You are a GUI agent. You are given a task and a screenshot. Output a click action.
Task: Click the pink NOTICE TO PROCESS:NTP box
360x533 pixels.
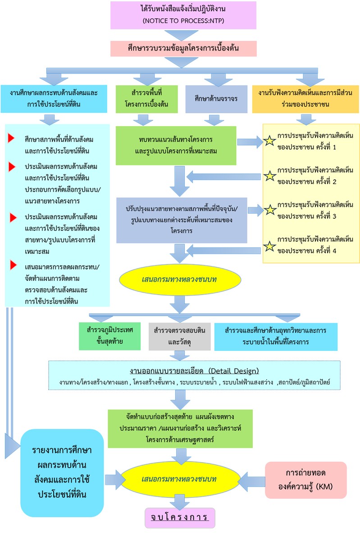pyautogui.click(x=183, y=15)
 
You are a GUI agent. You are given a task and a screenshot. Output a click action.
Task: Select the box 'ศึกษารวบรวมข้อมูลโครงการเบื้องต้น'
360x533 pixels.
pyautogui.click(x=183, y=48)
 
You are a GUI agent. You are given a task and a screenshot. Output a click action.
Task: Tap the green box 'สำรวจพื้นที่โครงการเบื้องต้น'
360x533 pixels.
pyautogui.click(x=146, y=99)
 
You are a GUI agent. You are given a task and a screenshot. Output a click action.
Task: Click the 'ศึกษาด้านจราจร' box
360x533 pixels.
pyautogui.click(x=216, y=99)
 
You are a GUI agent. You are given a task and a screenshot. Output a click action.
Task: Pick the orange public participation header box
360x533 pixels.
pyautogui.click(x=305, y=99)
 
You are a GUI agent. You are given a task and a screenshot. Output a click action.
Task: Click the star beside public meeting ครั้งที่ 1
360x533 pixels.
pyautogui.click(x=269, y=141)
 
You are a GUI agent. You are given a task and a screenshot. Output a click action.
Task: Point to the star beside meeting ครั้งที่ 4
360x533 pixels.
pyautogui.click(x=269, y=246)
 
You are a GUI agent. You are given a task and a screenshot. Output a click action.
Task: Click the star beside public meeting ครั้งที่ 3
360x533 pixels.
pyautogui.click(x=269, y=210)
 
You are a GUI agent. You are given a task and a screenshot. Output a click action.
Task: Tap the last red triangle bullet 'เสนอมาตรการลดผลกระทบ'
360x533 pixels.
pyautogui.click(x=13, y=265)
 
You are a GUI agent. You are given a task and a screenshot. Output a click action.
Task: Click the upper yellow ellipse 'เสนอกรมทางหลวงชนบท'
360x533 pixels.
pyautogui.click(x=180, y=280)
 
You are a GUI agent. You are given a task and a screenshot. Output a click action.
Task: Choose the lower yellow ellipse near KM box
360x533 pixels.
pyautogui.click(x=180, y=479)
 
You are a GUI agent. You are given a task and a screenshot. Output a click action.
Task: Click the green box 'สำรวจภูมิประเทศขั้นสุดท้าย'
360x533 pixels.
pyautogui.click(x=109, y=336)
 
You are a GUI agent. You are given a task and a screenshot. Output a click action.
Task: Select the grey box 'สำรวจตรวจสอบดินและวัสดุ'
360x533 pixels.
pyautogui.click(x=179, y=336)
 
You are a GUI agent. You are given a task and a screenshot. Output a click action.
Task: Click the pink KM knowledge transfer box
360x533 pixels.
pyautogui.click(x=305, y=480)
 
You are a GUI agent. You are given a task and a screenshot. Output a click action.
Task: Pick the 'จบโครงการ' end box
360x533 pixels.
pyautogui.click(x=180, y=518)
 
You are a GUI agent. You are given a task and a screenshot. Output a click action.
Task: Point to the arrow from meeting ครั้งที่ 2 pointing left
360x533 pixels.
pyautogui.click(x=223, y=177)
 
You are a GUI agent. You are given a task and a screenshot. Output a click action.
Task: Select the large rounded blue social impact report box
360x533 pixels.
pyautogui.click(x=62, y=473)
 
